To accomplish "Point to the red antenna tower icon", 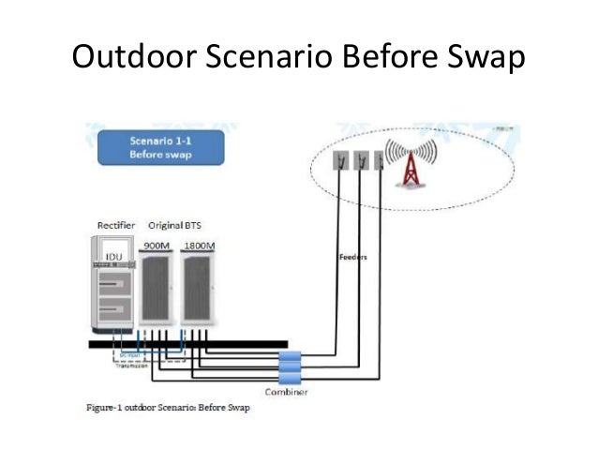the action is pyautogui.click(x=409, y=170).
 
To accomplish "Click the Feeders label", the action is pyautogui.click(x=353, y=255).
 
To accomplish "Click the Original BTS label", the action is pyautogui.click(x=173, y=226).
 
